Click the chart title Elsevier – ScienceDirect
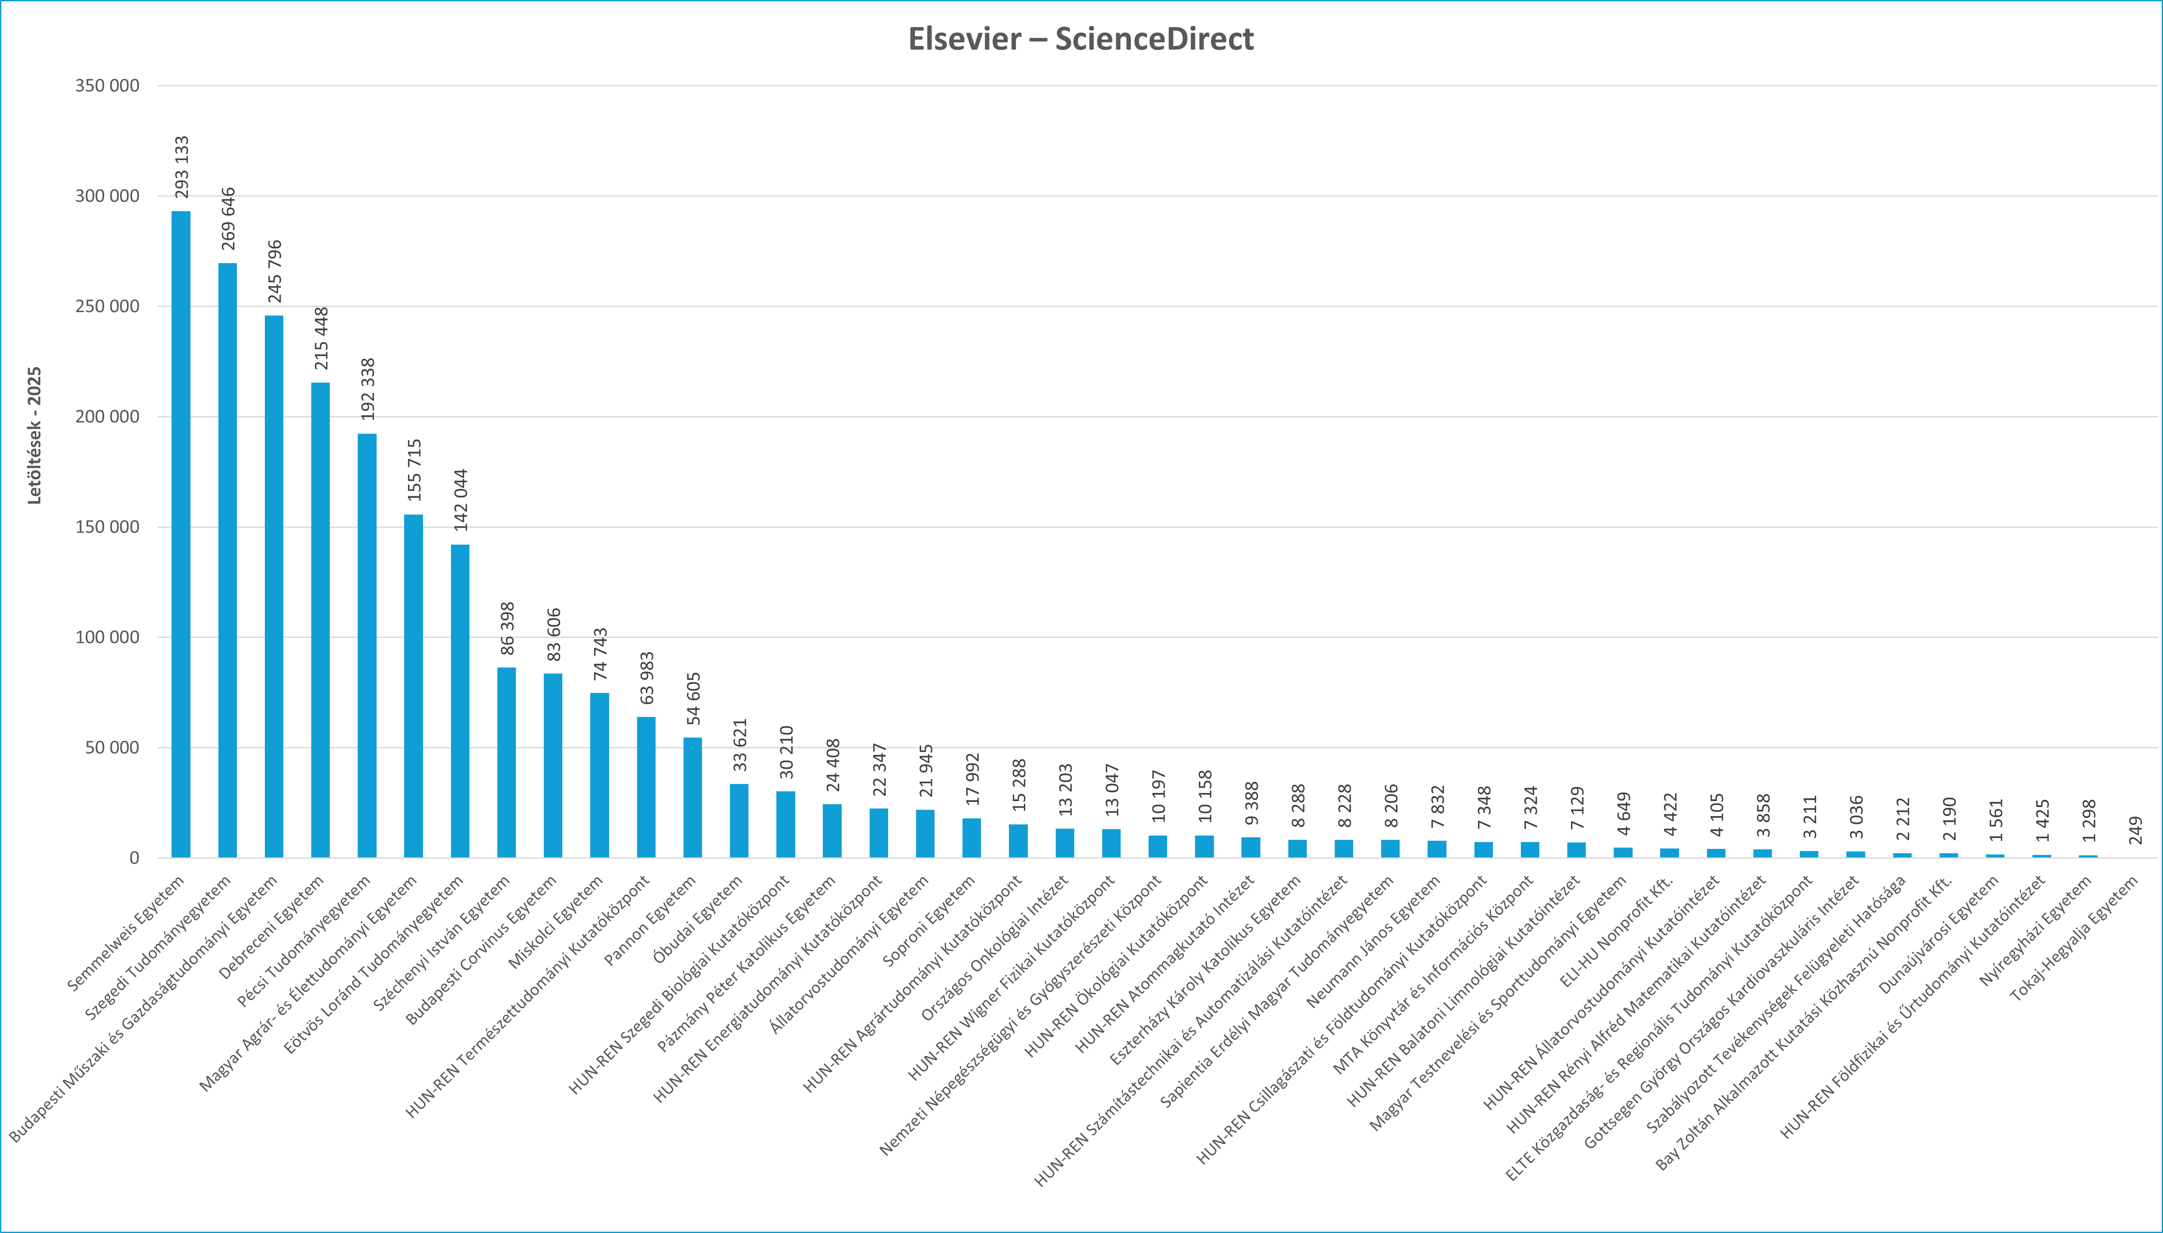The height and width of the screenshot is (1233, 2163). click(x=1081, y=39)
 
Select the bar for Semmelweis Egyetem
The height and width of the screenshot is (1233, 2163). click(x=181, y=533)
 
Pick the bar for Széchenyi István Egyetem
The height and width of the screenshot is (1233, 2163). click(x=506, y=762)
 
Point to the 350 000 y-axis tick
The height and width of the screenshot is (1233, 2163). click(x=107, y=86)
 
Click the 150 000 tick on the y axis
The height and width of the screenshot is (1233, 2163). click(x=107, y=527)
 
